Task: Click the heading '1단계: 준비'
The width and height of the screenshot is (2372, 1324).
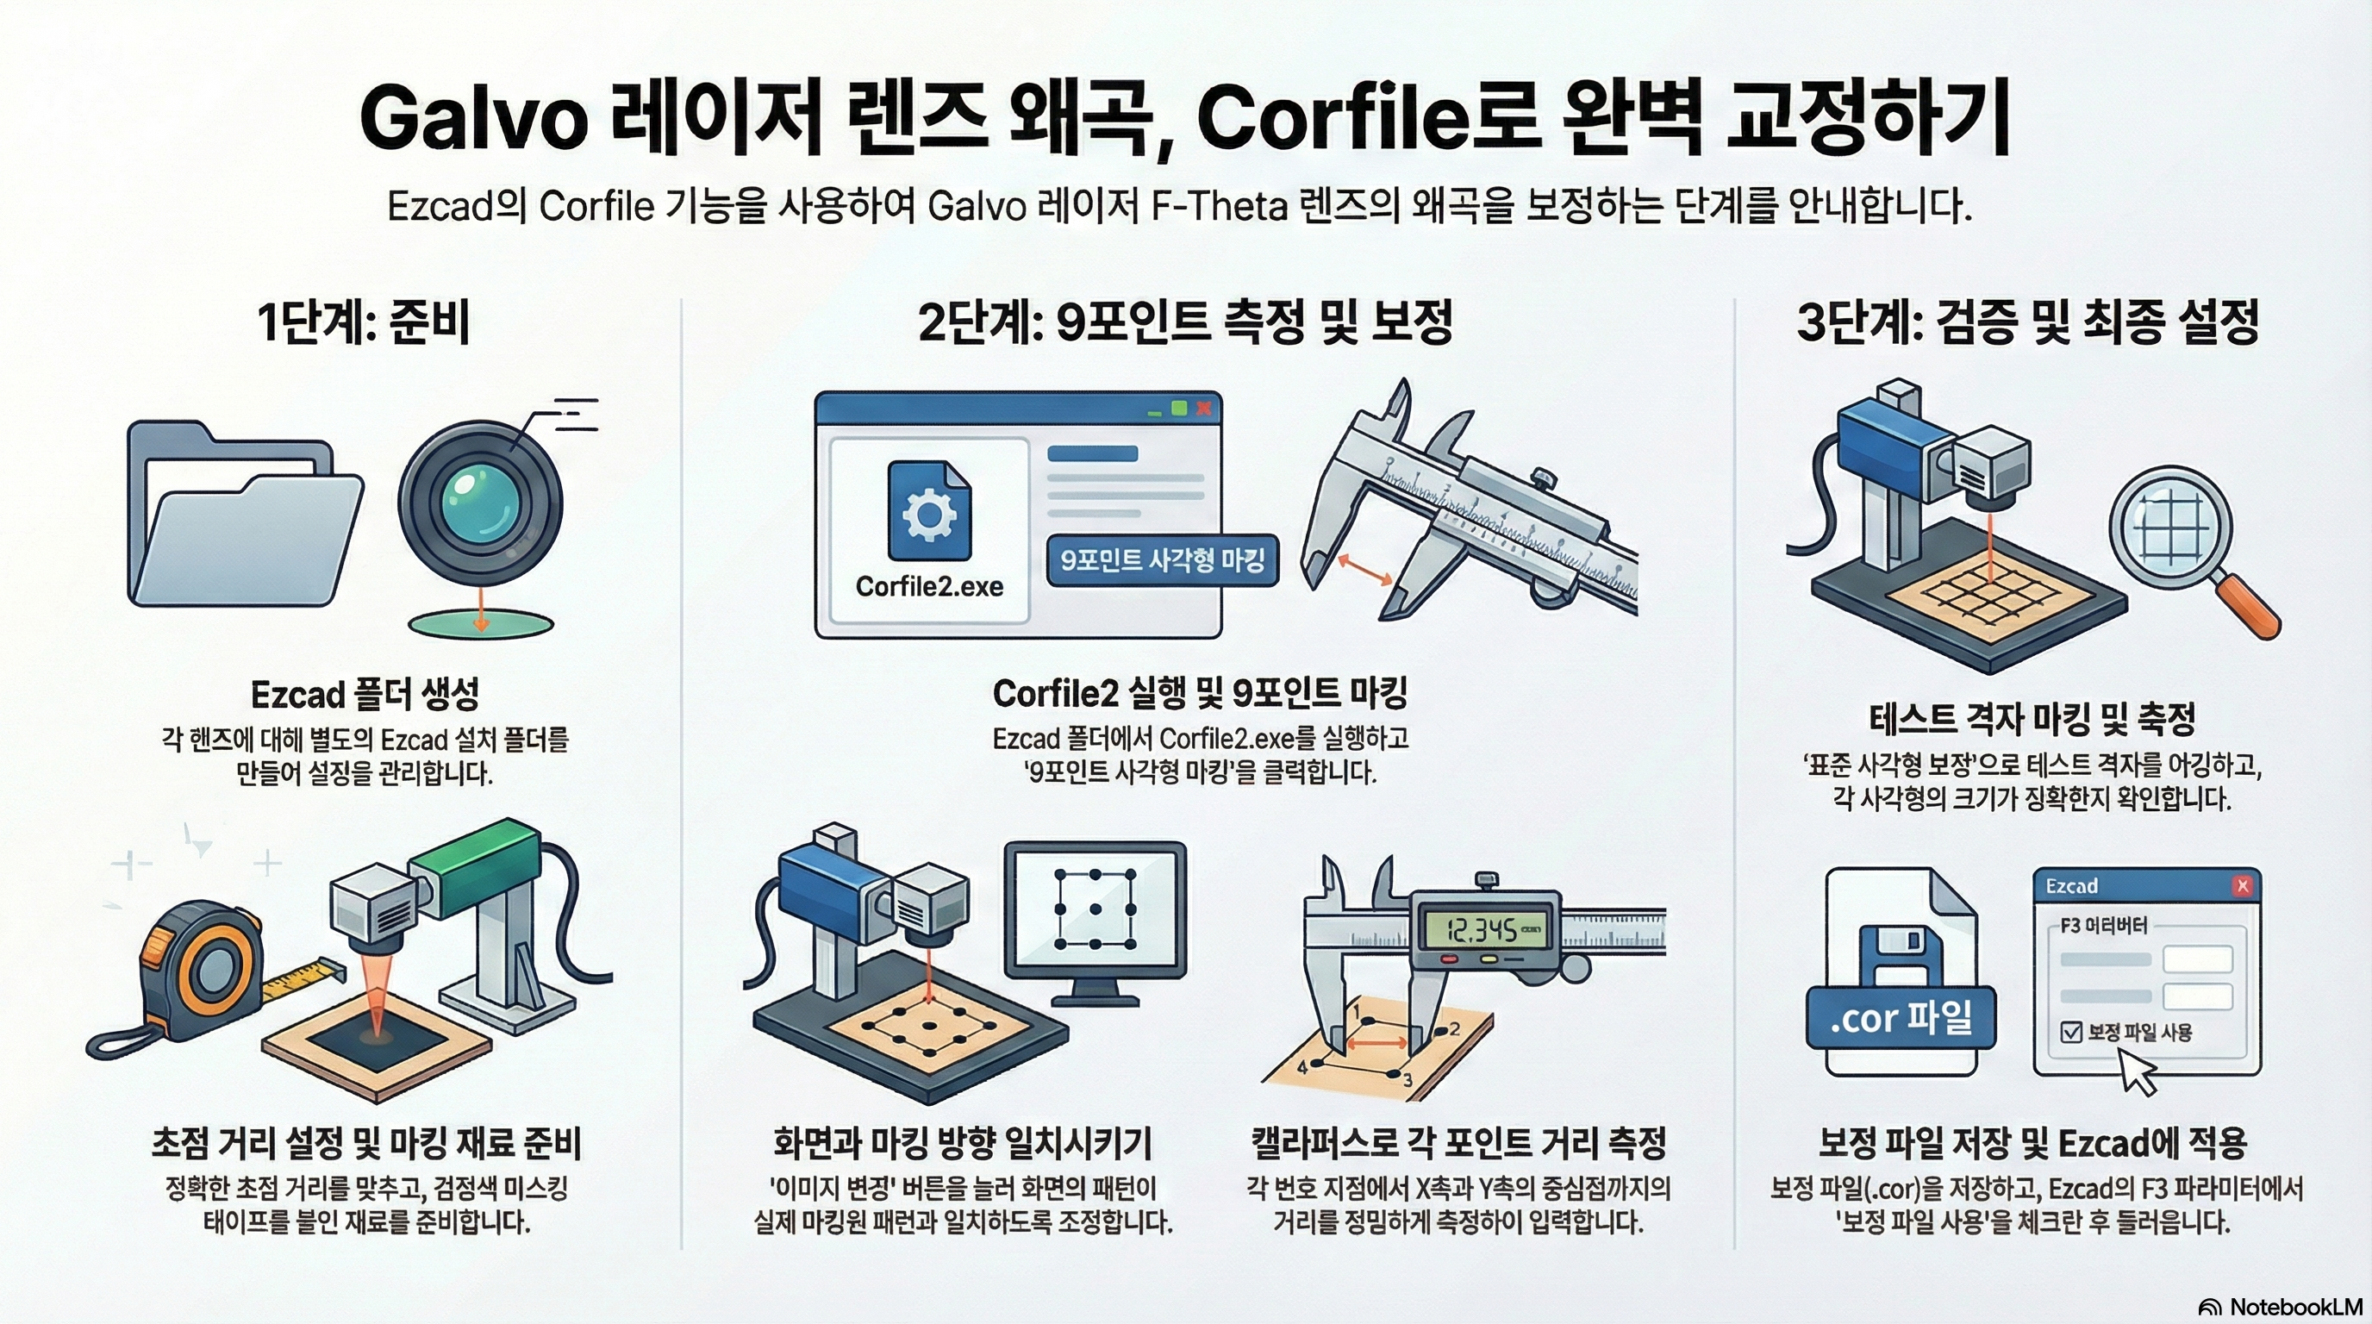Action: pos(364,322)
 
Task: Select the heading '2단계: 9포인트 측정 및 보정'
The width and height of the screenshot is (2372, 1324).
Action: pos(1185,322)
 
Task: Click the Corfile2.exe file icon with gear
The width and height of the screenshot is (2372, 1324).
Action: pos(929,511)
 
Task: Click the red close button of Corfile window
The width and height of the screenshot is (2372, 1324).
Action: pos(1202,408)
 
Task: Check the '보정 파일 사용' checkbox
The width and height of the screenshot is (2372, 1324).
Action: pos(2071,1031)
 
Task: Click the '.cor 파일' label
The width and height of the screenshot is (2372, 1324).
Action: pos(1901,1017)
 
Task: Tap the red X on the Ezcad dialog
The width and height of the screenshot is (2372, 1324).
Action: pos(2242,886)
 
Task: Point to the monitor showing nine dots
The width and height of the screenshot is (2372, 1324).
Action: pos(1095,921)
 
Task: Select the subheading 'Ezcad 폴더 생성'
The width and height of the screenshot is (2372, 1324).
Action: pos(365,695)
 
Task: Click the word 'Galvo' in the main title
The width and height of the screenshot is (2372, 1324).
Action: pos(473,118)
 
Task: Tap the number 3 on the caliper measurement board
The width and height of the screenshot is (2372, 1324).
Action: pos(1407,1080)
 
